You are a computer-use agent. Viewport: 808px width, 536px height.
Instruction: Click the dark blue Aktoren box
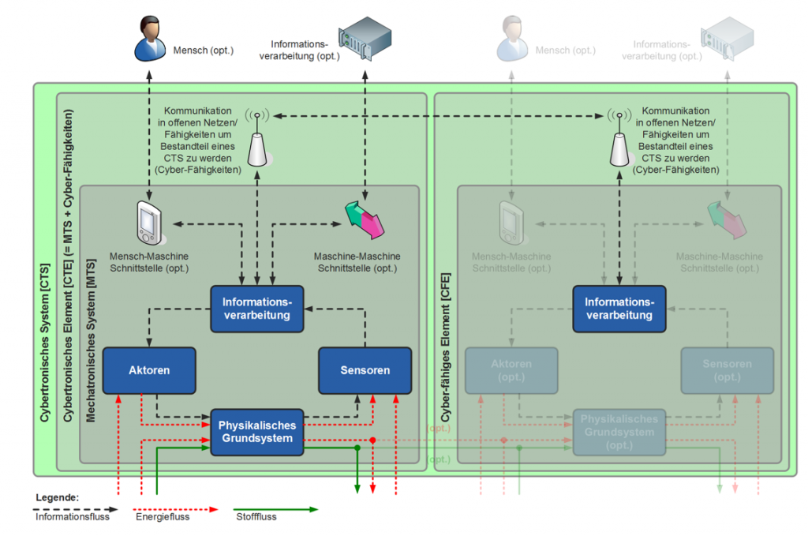148,370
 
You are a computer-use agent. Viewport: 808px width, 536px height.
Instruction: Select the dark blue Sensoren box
365,370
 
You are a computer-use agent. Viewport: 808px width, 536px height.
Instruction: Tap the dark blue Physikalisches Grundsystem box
256,432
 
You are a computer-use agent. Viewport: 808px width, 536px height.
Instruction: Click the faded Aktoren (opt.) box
511,370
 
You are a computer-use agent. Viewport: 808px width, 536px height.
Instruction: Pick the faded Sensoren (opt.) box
727,370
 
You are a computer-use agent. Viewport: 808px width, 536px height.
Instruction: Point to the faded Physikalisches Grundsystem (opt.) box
619,432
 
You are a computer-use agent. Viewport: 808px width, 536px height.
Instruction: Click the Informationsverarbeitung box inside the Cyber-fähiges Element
619,309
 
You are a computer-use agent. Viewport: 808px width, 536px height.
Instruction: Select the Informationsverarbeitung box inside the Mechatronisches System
256,309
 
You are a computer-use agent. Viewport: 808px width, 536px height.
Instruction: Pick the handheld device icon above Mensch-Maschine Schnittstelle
148,222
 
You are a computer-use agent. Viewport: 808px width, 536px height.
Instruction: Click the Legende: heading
57,498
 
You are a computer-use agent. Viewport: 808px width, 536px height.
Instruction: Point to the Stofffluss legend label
256,518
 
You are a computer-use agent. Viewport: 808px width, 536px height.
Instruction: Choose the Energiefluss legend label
163,518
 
